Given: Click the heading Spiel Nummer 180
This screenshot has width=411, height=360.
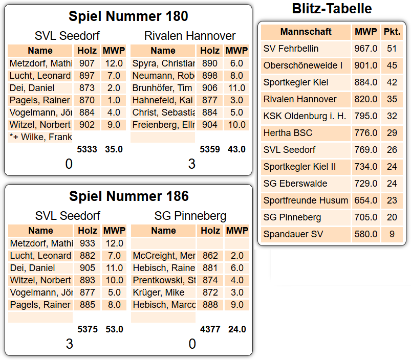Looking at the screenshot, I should pos(128,16).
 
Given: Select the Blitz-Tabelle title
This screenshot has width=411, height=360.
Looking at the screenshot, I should pos(332,9).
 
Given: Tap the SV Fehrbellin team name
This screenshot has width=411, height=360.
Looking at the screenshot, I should pos(291,49).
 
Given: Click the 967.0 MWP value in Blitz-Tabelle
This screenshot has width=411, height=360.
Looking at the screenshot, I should pos(365,49).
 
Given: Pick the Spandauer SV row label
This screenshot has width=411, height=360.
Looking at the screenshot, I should pos(293,234).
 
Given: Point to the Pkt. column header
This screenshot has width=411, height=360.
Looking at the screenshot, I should pos(392,32).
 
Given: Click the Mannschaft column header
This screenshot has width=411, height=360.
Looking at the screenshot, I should pos(306,32).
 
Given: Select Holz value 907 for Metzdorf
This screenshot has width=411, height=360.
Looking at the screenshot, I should pos(87,63).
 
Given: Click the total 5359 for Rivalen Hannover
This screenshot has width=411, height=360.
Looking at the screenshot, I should pos(210,149).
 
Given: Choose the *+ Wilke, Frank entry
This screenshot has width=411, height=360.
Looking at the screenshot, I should pos(40,137).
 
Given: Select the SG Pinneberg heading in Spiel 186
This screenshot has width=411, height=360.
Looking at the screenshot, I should pos(190,216).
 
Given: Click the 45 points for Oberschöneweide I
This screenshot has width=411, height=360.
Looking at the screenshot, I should pos(392,65).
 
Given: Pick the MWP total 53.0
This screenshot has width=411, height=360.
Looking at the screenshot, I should pos(114,329).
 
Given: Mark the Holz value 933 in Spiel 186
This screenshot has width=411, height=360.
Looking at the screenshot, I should pos(88,243).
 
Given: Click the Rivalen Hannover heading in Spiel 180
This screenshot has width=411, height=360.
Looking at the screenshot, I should pos(190,36).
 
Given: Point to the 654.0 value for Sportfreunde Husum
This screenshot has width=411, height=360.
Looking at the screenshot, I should pos(365,200).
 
